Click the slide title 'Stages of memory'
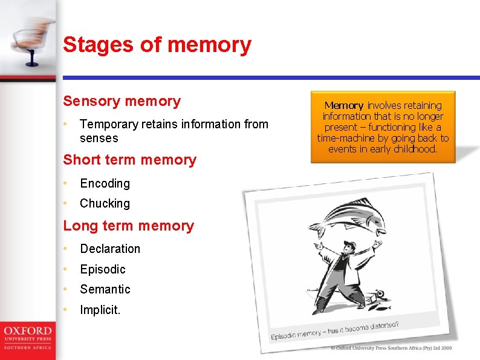click(x=157, y=45)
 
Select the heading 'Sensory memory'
click(x=122, y=101)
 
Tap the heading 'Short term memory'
click(x=129, y=160)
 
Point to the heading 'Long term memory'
click(x=128, y=226)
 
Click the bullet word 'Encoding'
click(x=105, y=183)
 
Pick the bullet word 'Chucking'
click(x=105, y=203)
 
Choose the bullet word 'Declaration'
click(x=110, y=249)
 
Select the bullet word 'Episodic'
click(x=103, y=269)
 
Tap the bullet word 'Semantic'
click(x=105, y=289)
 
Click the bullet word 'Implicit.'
click(x=100, y=310)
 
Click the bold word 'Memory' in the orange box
click(x=344, y=105)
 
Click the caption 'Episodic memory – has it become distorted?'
click(x=334, y=330)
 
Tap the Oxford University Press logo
click(x=27, y=338)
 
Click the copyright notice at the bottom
click(x=391, y=348)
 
